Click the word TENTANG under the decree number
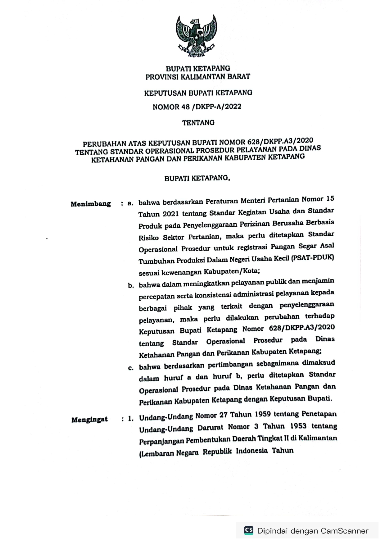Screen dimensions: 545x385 198,123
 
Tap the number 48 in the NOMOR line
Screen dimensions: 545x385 185,107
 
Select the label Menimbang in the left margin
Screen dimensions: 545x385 91,204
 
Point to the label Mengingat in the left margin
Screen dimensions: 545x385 90,420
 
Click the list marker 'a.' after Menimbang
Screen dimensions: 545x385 130,204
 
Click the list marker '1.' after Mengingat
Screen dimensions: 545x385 131,419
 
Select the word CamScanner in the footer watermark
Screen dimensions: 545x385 345,531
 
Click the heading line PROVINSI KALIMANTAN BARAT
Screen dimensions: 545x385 198,77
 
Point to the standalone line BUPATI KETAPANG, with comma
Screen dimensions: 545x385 197,179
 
